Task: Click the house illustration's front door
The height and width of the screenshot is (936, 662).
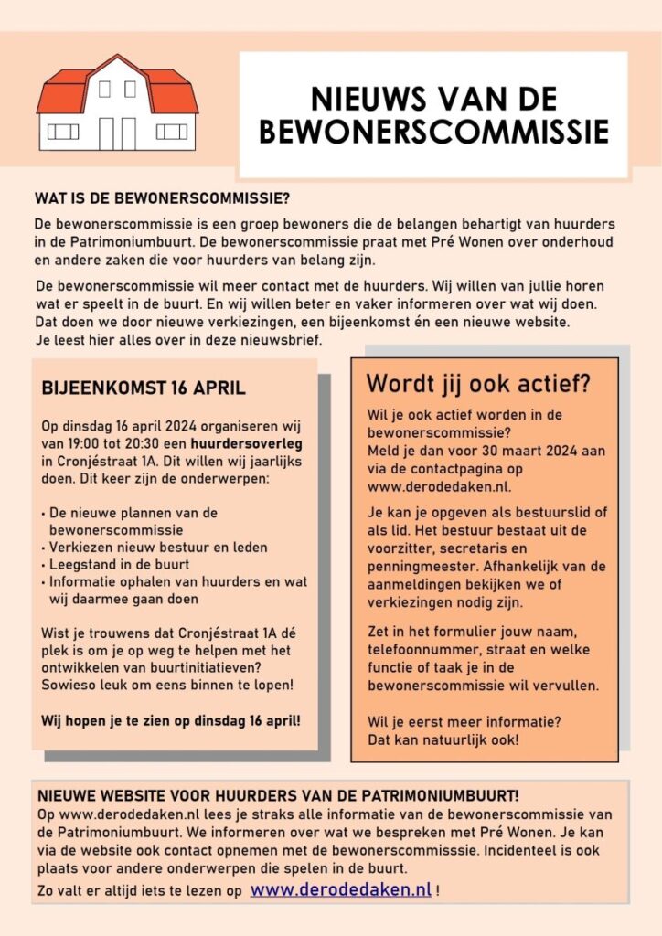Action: tap(117, 133)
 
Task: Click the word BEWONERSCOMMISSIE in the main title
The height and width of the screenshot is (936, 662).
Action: tap(433, 132)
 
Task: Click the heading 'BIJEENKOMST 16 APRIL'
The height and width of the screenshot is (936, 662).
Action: tap(144, 388)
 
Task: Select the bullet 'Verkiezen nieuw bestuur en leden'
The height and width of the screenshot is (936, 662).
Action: tap(158, 548)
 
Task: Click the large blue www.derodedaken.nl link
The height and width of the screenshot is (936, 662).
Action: tap(340, 888)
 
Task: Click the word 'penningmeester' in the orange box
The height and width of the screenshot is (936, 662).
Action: tap(413, 568)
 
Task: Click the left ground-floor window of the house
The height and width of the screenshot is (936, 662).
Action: tap(63, 131)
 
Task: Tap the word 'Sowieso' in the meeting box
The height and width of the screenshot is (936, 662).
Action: tap(68, 686)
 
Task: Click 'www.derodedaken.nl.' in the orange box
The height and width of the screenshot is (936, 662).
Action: tap(427, 485)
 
